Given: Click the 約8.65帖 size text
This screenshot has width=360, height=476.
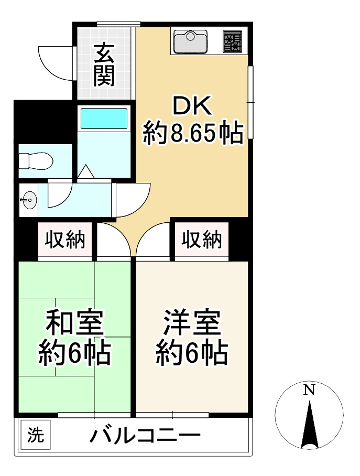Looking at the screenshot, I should click(x=193, y=135).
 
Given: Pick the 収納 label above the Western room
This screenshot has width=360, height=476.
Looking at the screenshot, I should click(x=202, y=240).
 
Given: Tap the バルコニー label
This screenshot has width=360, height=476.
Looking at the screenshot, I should click(x=145, y=435).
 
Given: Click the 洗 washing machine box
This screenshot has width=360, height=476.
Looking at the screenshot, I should click(x=36, y=435).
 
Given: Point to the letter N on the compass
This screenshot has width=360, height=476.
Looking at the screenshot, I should click(x=310, y=390).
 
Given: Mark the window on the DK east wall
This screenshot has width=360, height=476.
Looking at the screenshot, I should click(x=251, y=102).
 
